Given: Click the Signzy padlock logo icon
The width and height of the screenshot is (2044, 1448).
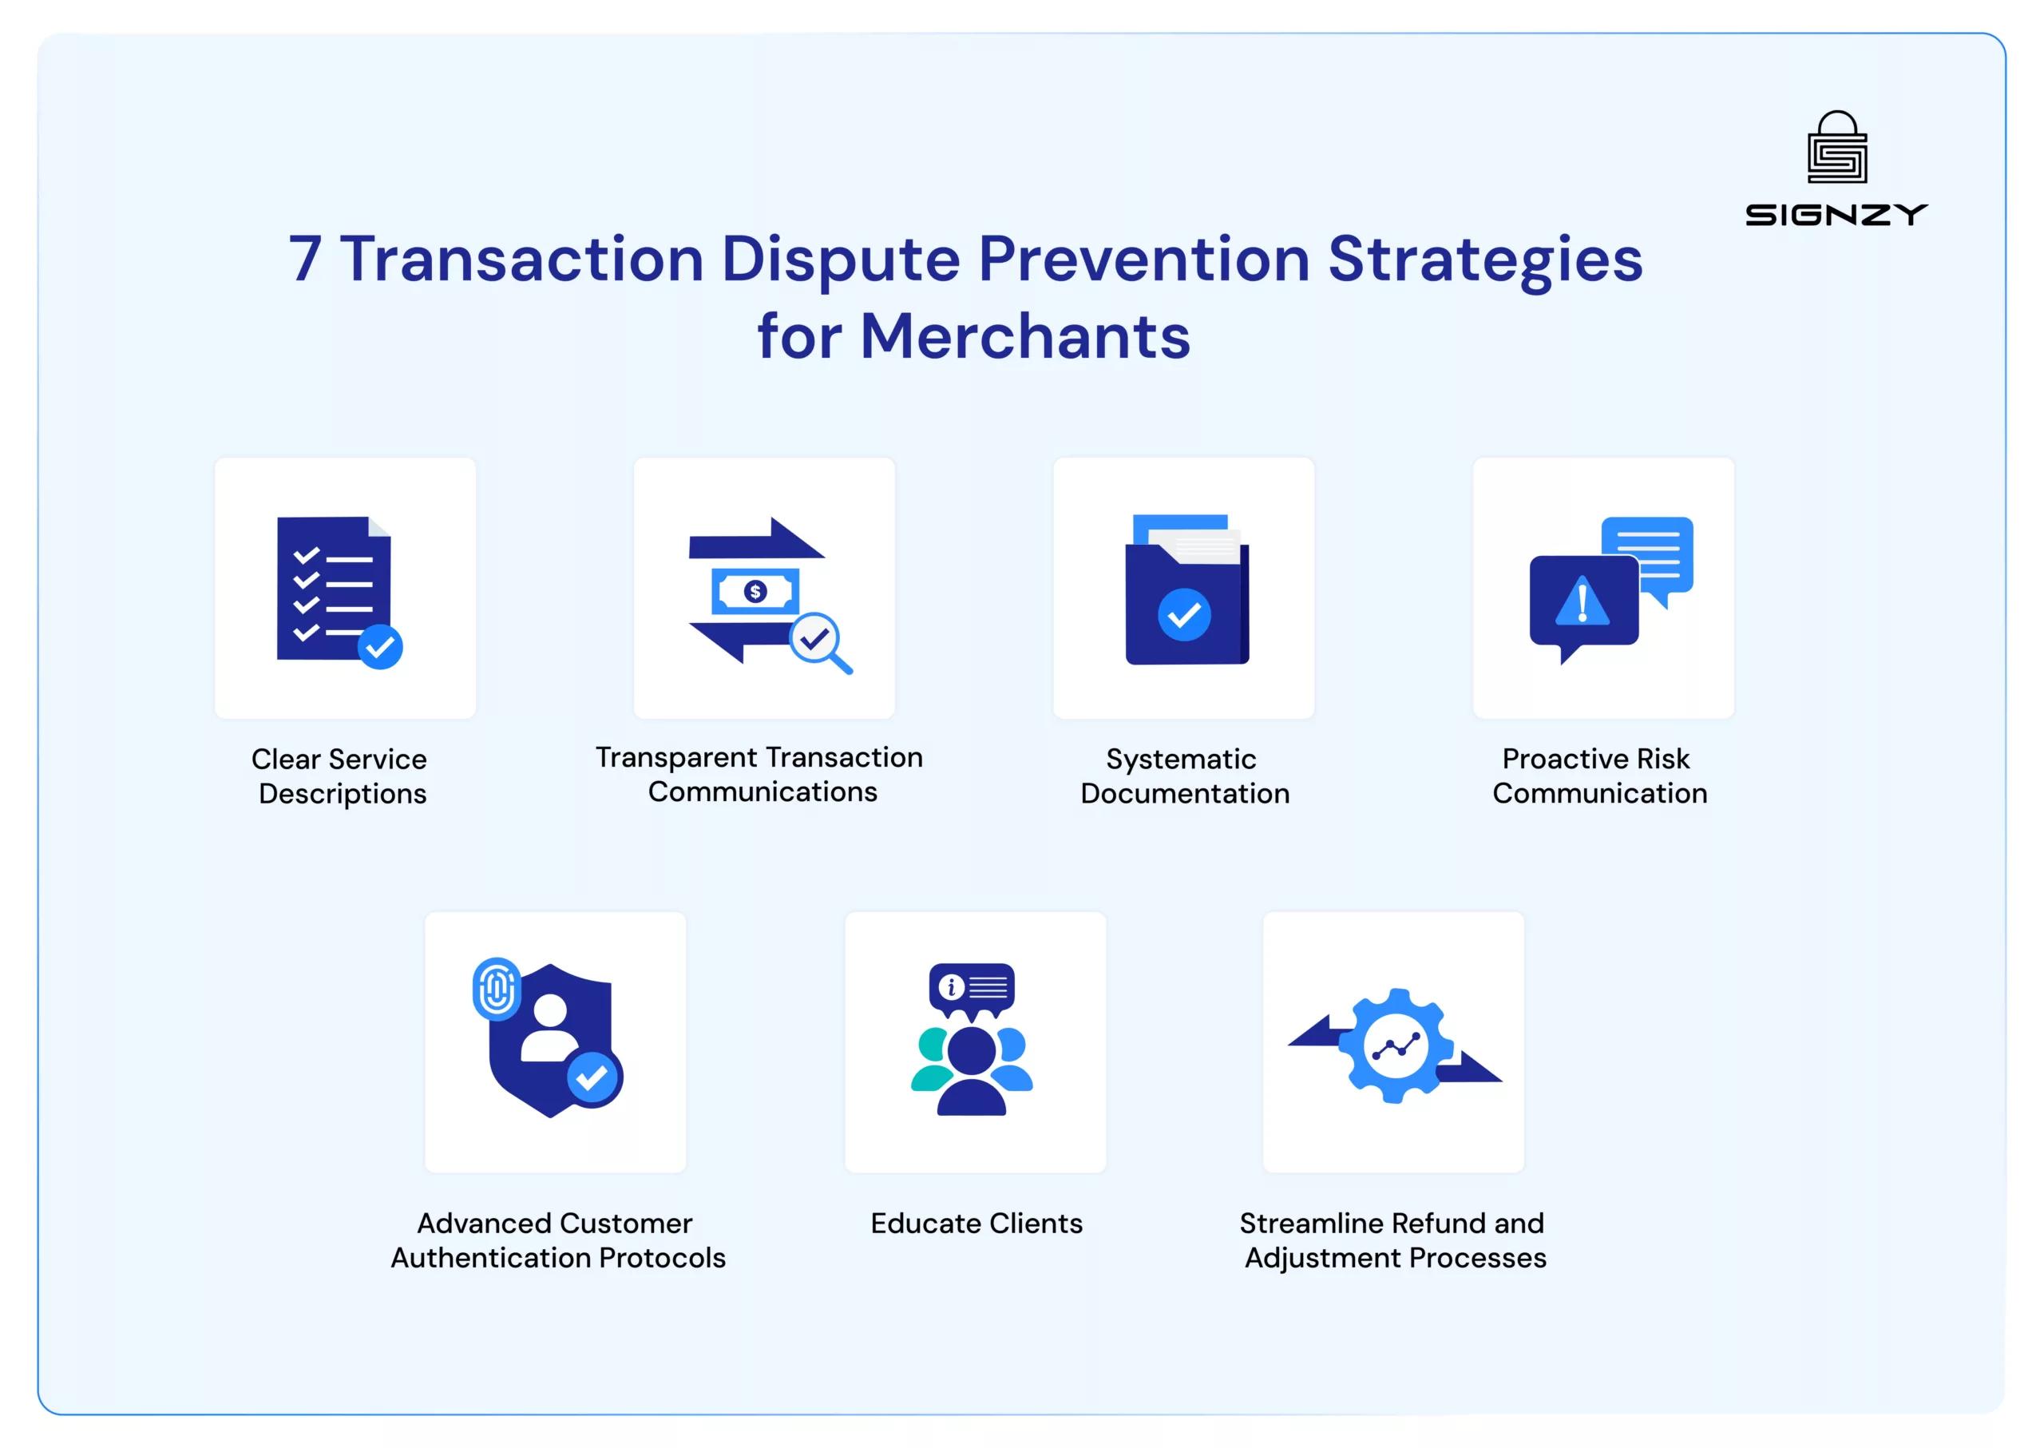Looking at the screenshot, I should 1836,147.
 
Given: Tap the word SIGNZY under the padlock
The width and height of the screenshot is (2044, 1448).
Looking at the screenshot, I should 1836,215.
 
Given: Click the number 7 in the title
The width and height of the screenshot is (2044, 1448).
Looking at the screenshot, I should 305,260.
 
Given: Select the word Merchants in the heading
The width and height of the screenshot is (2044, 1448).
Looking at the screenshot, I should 1024,337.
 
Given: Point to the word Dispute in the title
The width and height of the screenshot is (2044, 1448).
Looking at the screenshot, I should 840,260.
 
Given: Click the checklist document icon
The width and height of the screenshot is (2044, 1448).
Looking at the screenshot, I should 335,589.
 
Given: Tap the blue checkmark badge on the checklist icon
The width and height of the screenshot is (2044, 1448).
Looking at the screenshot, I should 381,646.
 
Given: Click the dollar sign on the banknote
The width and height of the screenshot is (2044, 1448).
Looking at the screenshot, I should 755,591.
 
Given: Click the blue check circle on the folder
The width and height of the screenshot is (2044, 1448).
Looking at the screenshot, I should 1184,614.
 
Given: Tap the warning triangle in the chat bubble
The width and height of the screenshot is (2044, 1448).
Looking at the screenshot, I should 1583,602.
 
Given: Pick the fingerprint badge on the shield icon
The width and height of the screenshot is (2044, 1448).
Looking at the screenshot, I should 497,988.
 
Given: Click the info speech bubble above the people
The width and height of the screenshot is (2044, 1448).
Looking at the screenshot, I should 972,988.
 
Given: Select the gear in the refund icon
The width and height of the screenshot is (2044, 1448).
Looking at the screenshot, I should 1396,1046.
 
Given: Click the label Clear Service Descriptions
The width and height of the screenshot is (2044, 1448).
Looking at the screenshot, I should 339,776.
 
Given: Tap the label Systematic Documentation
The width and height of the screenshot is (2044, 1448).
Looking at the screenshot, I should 1184,776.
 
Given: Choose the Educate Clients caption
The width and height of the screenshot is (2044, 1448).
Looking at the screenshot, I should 976,1224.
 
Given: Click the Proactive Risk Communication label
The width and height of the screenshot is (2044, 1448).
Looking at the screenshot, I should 1599,776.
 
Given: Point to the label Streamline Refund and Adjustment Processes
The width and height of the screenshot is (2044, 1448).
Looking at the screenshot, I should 1393,1240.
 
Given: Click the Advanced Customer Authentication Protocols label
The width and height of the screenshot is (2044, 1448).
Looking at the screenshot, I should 557,1240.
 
